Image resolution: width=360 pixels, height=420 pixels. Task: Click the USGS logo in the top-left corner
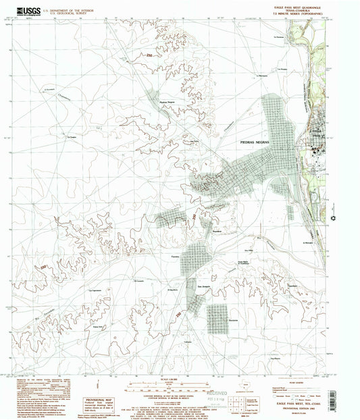pos(24,10)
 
